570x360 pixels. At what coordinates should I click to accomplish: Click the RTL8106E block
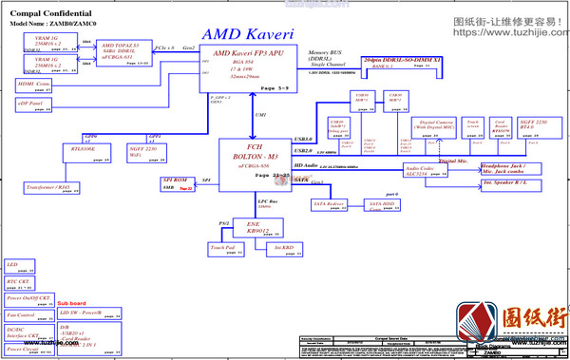[x=84, y=151]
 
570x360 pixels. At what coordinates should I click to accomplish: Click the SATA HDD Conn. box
[x=381, y=204]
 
